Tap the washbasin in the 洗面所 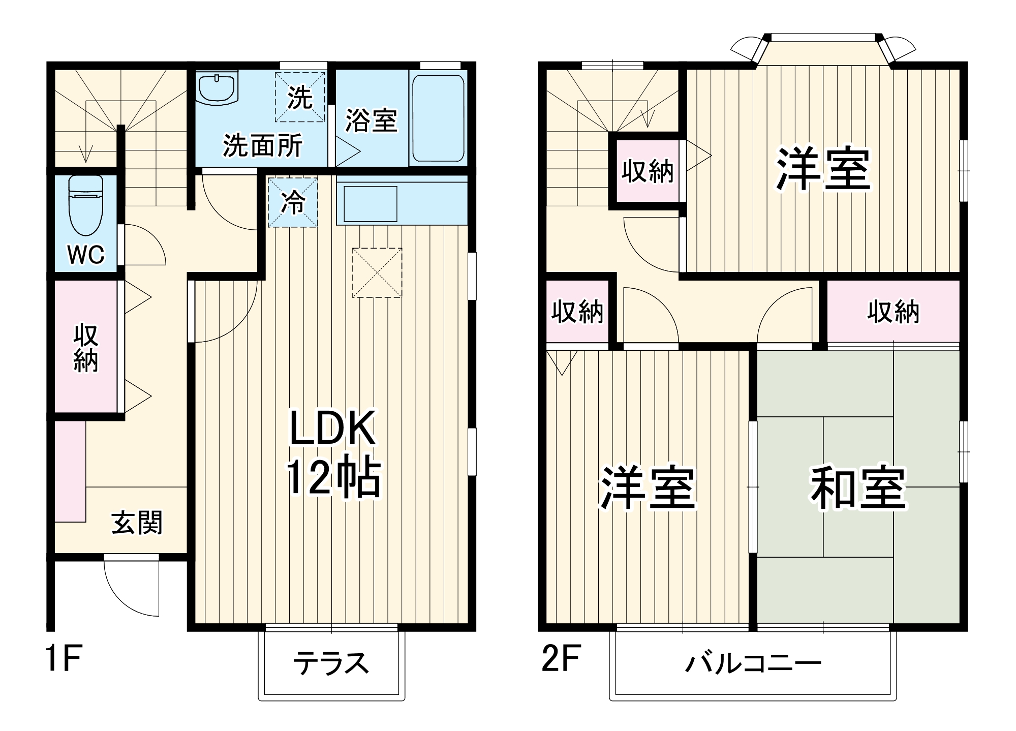click(x=218, y=88)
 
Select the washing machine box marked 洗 click(x=300, y=97)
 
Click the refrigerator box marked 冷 click(x=293, y=202)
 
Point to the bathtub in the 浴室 click(x=438, y=118)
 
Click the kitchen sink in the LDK click(x=371, y=204)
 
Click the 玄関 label click(x=137, y=523)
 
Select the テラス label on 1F click(x=331, y=663)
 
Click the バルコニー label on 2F click(x=753, y=664)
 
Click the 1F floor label click(x=64, y=658)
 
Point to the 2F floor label click(x=561, y=658)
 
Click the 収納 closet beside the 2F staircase click(x=647, y=171)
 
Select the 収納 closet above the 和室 click(x=893, y=312)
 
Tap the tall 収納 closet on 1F click(x=86, y=347)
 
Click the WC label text click(x=86, y=254)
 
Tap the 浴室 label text click(x=371, y=120)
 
